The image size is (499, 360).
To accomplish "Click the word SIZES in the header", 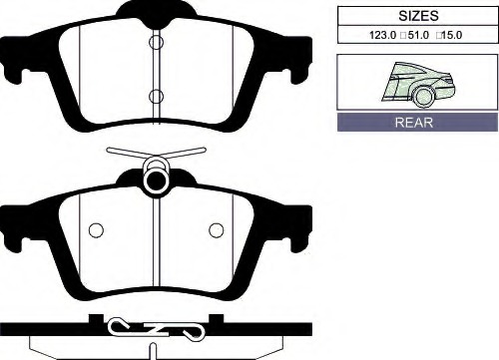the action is click(x=418, y=16).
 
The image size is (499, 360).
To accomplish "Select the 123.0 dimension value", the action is click(x=383, y=35).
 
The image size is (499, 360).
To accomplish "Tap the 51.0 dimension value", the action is click(x=418, y=35).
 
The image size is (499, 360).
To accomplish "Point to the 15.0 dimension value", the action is click(x=452, y=35).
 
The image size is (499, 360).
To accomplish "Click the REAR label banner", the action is click(x=417, y=122).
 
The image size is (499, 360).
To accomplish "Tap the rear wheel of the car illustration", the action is click(x=423, y=96).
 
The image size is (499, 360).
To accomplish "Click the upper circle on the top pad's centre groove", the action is click(x=156, y=42).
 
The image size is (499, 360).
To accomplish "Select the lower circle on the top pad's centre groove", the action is click(x=156, y=96).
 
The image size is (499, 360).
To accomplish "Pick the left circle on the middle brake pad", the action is click(x=96, y=230).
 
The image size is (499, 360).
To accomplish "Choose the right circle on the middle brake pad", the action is click(x=217, y=230).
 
